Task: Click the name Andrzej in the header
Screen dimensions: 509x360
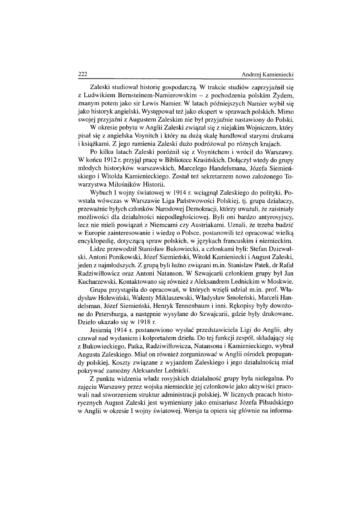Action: (252, 75)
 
